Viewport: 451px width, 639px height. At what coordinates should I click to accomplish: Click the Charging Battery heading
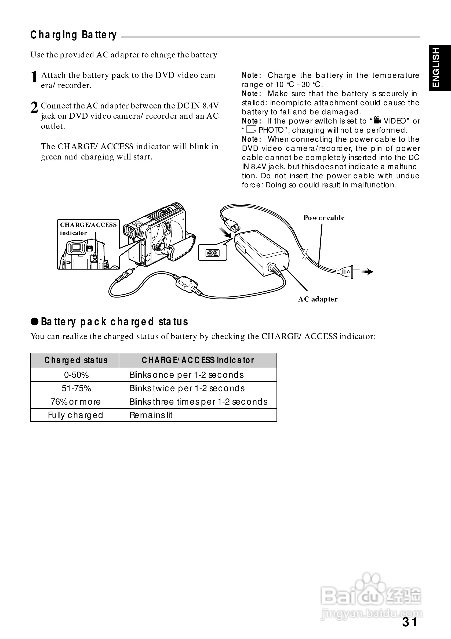[74, 35]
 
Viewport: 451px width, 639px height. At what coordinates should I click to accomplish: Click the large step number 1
[34, 77]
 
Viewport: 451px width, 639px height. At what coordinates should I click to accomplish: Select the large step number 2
[34, 108]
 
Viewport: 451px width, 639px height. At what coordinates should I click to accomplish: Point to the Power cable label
[323, 218]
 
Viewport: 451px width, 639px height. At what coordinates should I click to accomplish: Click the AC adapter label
[318, 299]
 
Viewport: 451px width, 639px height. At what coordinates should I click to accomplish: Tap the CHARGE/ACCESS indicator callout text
[88, 228]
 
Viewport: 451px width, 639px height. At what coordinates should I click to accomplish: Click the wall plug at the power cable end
[348, 271]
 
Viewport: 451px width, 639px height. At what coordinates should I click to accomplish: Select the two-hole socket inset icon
[213, 253]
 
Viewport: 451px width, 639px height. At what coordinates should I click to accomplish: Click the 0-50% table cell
[76, 375]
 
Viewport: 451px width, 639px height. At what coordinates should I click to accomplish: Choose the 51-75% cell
[76, 389]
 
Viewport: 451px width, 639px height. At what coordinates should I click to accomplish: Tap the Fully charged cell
[75, 415]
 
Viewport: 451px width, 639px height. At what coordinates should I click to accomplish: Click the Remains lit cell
[151, 415]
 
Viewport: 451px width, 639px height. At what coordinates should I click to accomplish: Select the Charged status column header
[76, 360]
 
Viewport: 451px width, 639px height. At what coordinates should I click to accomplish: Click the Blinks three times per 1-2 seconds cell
[198, 402]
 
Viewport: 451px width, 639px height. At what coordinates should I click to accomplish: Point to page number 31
[410, 622]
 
